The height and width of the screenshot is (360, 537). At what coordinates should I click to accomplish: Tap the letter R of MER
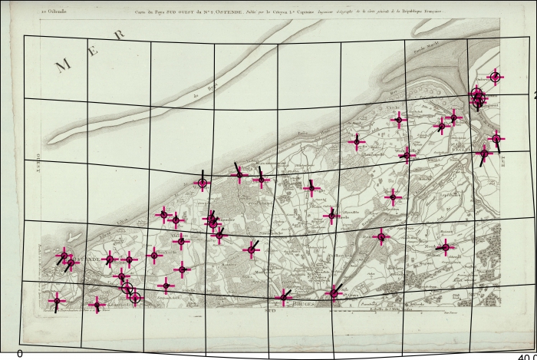pyautogui.click(x=119, y=35)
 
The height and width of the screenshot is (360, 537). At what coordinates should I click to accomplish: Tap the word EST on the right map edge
pyautogui.click(x=504, y=160)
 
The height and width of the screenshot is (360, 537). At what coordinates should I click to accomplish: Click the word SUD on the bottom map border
pyautogui.click(x=270, y=310)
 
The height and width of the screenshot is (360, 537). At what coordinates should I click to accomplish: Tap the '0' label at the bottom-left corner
pyautogui.click(x=20, y=353)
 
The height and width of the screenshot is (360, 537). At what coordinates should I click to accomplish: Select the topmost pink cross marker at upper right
pyautogui.click(x=495, y=76)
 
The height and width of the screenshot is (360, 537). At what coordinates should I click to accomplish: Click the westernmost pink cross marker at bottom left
pyautogui.click(x=55, y=302)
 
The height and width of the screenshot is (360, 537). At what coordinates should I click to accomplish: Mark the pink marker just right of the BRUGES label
pyautogui.click(x=334, y=292)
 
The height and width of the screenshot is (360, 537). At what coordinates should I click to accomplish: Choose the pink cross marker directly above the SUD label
pyautogui.click(x=284, y=297)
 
